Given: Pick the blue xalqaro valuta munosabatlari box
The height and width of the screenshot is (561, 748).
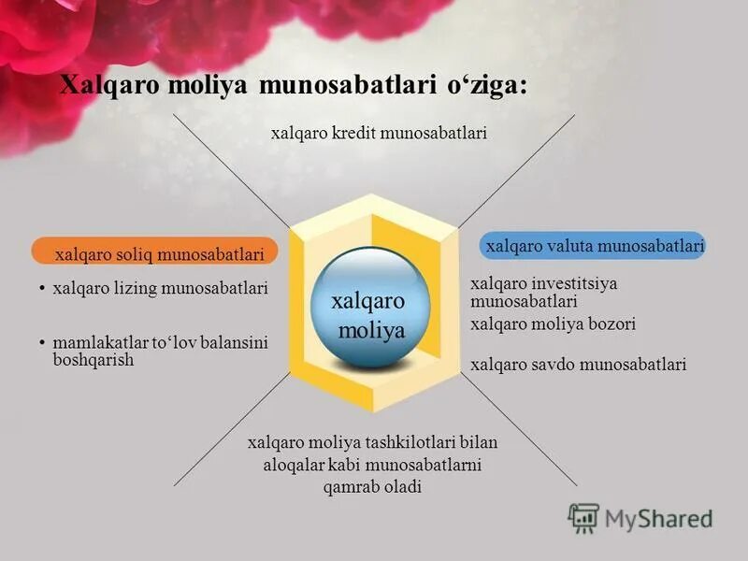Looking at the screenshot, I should tap(594, 246).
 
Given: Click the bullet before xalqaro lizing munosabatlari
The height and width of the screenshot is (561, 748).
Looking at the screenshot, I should tap(43, 289).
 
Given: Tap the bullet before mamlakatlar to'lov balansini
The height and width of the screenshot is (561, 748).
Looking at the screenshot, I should tap(43, 343).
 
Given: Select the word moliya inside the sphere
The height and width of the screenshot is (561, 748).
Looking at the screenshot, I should tap(371, 330).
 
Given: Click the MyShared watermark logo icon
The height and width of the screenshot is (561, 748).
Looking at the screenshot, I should tap(583, 517).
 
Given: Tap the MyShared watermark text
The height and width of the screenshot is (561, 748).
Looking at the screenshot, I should tap(658, 518).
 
